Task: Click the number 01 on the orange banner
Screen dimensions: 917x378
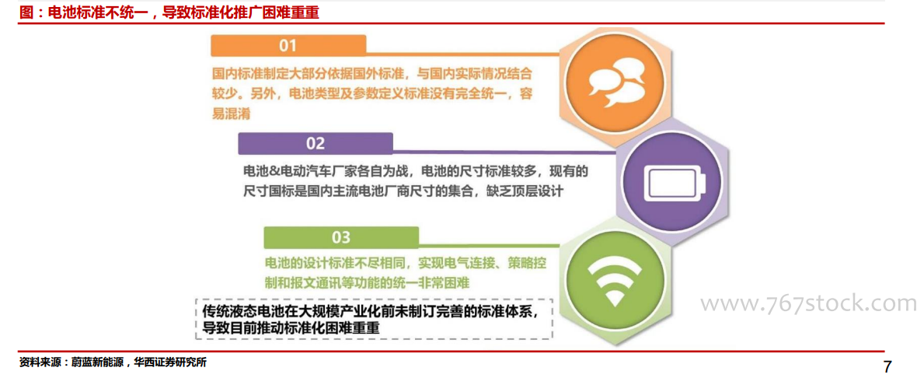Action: tap(288, 46)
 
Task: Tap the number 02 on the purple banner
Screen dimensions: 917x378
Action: tap(316, 143)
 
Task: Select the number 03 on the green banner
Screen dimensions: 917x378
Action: tap(341, 237)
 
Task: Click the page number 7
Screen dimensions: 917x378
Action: tap(887, 367)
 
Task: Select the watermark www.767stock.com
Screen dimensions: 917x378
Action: tap(809, 303)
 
